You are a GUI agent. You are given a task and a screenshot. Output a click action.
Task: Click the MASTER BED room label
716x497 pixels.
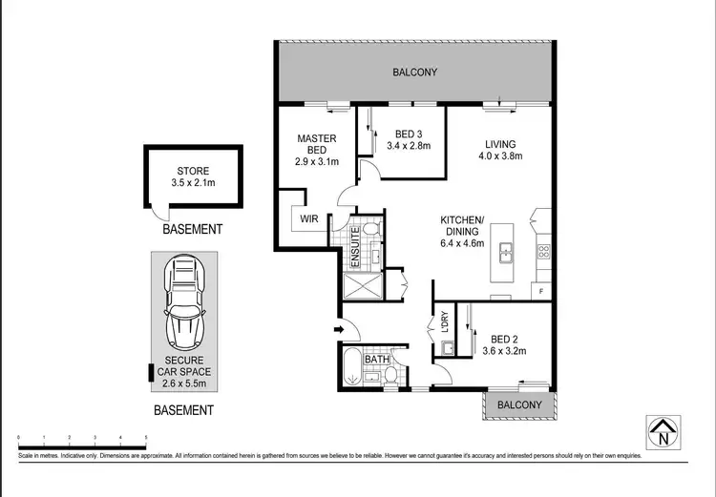(316, 145)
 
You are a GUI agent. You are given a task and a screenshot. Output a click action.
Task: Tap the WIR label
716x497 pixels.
(308, 219)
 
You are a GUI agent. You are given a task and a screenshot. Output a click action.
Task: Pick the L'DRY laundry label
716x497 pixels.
(442, 324)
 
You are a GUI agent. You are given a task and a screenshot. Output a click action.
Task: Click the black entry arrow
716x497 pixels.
(337, 330)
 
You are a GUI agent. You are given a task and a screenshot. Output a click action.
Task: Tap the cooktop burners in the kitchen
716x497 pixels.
(543, 252)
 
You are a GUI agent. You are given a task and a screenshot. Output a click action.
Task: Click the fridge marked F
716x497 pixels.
(541, 290)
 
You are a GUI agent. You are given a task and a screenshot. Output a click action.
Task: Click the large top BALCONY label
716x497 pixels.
(414, 72)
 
